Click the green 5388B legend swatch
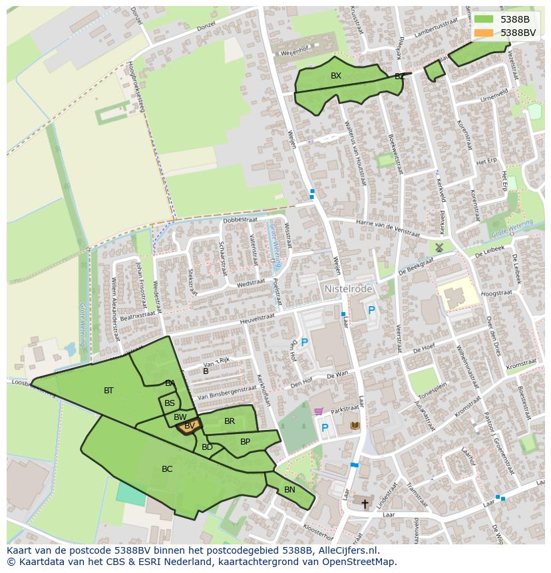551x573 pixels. point(483,19)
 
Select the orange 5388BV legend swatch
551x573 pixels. point(483,33)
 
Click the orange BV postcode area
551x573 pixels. point(189,427)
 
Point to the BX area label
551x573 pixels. point(336,76)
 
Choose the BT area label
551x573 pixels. point(108,391)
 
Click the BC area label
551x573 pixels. point(167,469)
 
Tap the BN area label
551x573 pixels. point(289,490)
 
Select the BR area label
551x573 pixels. point(230,421)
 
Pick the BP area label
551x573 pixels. point(245,442)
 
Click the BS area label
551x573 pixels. point(170,403)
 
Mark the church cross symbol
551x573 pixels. point(364,503)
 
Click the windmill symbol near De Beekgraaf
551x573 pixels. point(439,247)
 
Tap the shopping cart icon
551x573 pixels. point(318,412)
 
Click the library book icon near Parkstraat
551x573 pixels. point(355,425)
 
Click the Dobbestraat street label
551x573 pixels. point(240,220)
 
